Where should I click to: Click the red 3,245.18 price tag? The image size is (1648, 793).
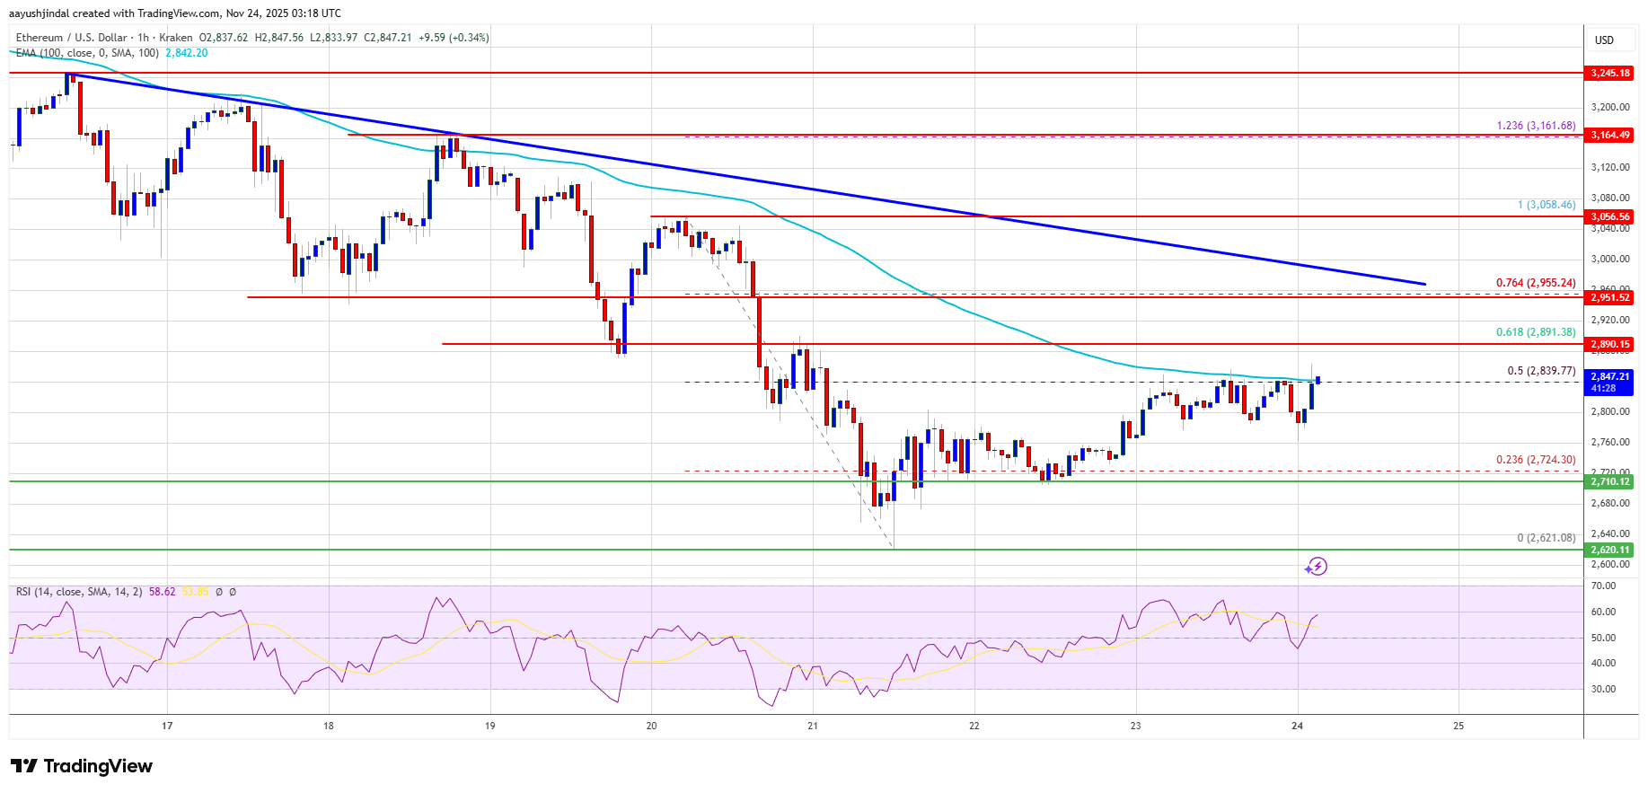[x=1609, y=73]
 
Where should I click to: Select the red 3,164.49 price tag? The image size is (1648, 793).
[x=1609, y=135]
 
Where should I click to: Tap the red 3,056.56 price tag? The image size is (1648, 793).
[x=1609, y=216]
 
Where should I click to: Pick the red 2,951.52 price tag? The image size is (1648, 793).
[x=1609, y=297]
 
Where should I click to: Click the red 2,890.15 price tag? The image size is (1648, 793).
[x=1609, y=344]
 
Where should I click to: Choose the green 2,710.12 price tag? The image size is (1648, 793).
[x=1609, y=481]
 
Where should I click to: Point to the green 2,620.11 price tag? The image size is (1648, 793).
[x=1609, y=550]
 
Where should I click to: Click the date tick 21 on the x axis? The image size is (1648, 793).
[x=813, y=726]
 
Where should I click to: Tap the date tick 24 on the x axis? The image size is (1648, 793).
[x=1297, y=726]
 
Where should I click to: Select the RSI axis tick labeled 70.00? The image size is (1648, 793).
[x=1603, y=586]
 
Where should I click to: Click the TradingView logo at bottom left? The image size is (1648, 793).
[x=82, y=766]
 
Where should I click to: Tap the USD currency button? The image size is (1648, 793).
[x=1604, y=40]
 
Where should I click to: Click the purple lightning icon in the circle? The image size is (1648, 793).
[x=1317, y=566]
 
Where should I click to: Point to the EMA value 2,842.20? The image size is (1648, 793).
[x=186, y=53]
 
